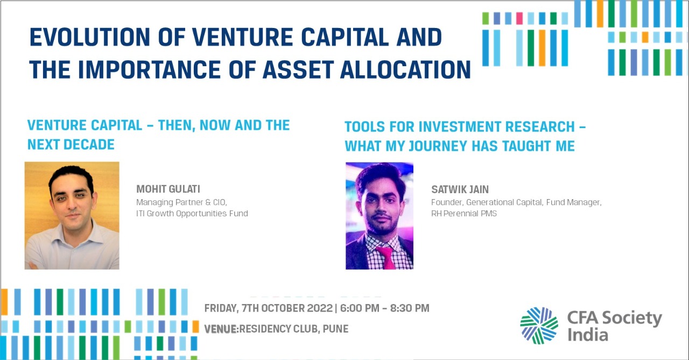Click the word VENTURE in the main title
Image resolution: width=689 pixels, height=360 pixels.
242,37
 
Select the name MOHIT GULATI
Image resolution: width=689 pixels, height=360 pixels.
168,189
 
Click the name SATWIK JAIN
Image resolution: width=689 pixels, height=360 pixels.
460,189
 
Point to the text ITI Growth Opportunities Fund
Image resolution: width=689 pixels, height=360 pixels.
192,213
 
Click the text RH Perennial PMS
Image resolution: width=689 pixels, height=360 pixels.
464,213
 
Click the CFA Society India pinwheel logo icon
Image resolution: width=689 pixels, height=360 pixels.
539,326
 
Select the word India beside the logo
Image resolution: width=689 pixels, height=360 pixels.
588,335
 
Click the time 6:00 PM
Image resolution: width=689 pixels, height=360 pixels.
360,308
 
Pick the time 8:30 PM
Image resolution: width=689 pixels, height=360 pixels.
410,308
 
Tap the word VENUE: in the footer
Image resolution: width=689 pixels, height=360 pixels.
221,329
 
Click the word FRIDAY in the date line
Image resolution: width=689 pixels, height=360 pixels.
221,308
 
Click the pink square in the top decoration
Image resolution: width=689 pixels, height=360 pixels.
519,18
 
